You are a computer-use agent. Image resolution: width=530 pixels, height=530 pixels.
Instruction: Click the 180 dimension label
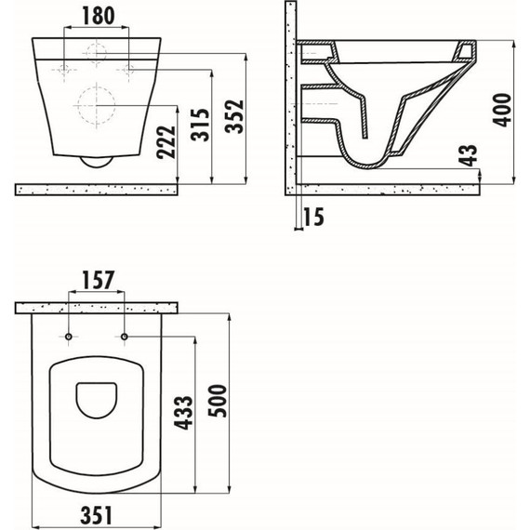(x=99, y=16)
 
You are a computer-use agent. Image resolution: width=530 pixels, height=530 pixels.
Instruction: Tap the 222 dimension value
(x=167, y=142)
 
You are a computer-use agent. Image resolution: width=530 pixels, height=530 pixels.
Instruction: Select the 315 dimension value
(x=200, y=125)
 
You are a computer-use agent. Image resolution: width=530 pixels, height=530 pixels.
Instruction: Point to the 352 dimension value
(x=234, y=116)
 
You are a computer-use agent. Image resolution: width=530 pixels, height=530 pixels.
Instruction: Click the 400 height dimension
(x=502, y=111)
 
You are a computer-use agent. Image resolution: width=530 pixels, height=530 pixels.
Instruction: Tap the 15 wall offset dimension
(x=313, y=217)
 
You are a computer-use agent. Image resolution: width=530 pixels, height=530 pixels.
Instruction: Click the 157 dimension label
(x=99, y=280)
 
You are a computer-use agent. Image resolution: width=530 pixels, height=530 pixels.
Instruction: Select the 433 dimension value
(x=183, y=413)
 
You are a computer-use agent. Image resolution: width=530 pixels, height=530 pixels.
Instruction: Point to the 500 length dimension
(x=217, y=401)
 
